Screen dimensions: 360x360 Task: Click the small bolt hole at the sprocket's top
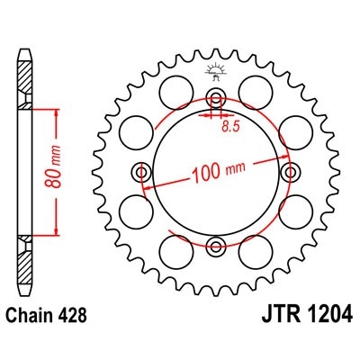click(x=215, y=98)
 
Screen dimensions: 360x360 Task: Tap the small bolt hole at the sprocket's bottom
click(x=215, y=246)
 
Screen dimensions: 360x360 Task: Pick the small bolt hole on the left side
click(x=141, y=172)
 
